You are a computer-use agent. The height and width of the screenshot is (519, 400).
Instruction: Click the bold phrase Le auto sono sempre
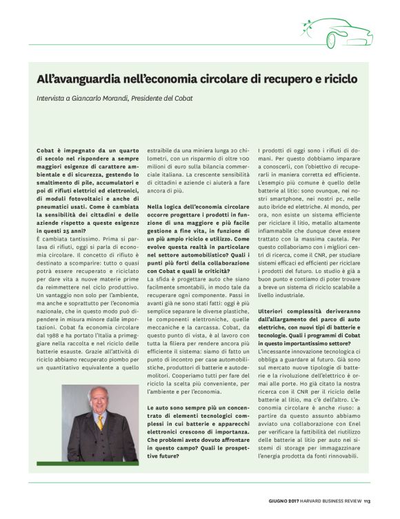[x=177, y=409]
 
